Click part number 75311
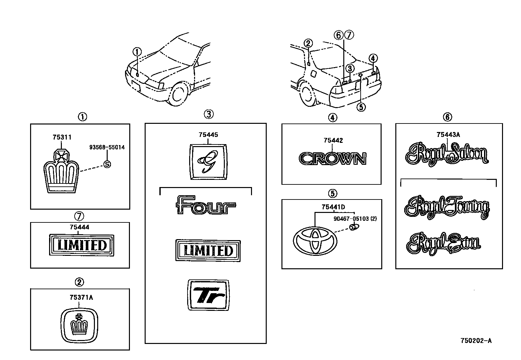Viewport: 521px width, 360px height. (62, 137)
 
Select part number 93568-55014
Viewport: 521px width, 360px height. (107, 147)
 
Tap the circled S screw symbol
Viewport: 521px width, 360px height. (107, 164)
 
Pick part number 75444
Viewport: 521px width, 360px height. (79, 227)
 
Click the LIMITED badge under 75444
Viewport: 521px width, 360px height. (82, 245)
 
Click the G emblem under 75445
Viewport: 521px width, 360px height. (208, 162)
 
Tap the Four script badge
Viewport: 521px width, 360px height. (206, 205)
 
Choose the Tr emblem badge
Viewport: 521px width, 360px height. (208, 295)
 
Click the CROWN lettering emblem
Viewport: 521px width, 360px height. (333, 159)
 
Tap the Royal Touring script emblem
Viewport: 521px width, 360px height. (447, 207)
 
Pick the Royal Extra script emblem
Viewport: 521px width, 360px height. (443, 244)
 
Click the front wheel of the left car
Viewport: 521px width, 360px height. (179, 94)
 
